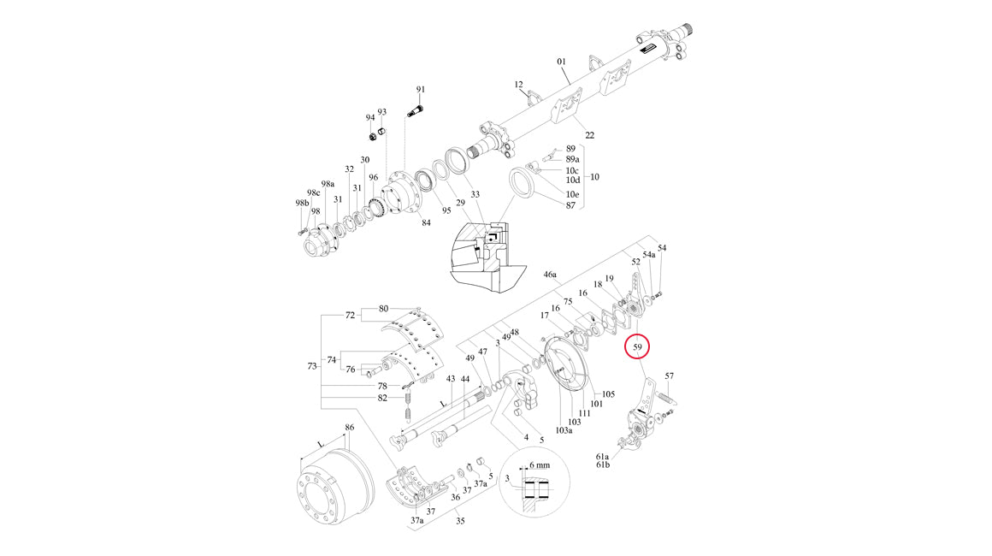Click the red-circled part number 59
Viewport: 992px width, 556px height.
click(638, 347)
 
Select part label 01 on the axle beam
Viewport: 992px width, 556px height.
click(562, 62)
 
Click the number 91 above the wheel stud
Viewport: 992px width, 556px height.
click(421, 90)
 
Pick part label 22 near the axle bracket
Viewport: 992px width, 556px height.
click(589, 135)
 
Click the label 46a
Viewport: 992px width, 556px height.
click(550, 275)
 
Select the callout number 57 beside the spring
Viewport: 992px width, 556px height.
click(670, 376)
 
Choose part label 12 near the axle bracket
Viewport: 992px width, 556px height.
click(518, 85)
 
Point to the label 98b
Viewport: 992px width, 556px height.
click(301, 203)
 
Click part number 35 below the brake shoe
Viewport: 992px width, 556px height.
click(459, 520)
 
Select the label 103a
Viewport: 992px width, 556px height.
click(564, 430)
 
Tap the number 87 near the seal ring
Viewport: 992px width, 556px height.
click(570, 205)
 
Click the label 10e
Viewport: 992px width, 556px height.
click(572, 195)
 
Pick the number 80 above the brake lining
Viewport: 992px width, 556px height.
click(383, 308)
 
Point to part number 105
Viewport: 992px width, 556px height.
click(609, 394)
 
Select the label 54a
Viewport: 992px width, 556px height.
click(649, 256)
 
